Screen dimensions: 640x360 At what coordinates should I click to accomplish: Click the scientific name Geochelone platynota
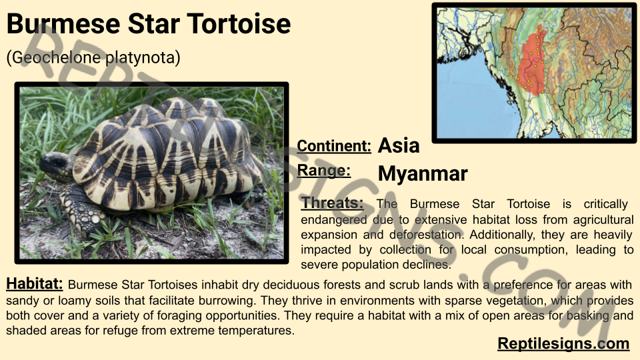[93, 57]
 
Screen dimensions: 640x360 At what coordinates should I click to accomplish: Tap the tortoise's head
[56, 165]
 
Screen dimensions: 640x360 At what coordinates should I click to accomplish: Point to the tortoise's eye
[59, 163]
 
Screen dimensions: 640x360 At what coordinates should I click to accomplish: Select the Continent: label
[334, 146]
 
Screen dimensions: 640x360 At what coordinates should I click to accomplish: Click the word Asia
[399, 145]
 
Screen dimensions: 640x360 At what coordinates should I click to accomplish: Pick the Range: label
[324, 170]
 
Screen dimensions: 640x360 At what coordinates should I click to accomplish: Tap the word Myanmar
[423, 173]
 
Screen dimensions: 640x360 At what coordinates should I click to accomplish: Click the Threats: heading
[332, 203]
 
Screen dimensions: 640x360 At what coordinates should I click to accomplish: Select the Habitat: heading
[34, 283]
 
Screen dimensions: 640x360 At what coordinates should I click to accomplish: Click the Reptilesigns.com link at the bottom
[563, 344]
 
